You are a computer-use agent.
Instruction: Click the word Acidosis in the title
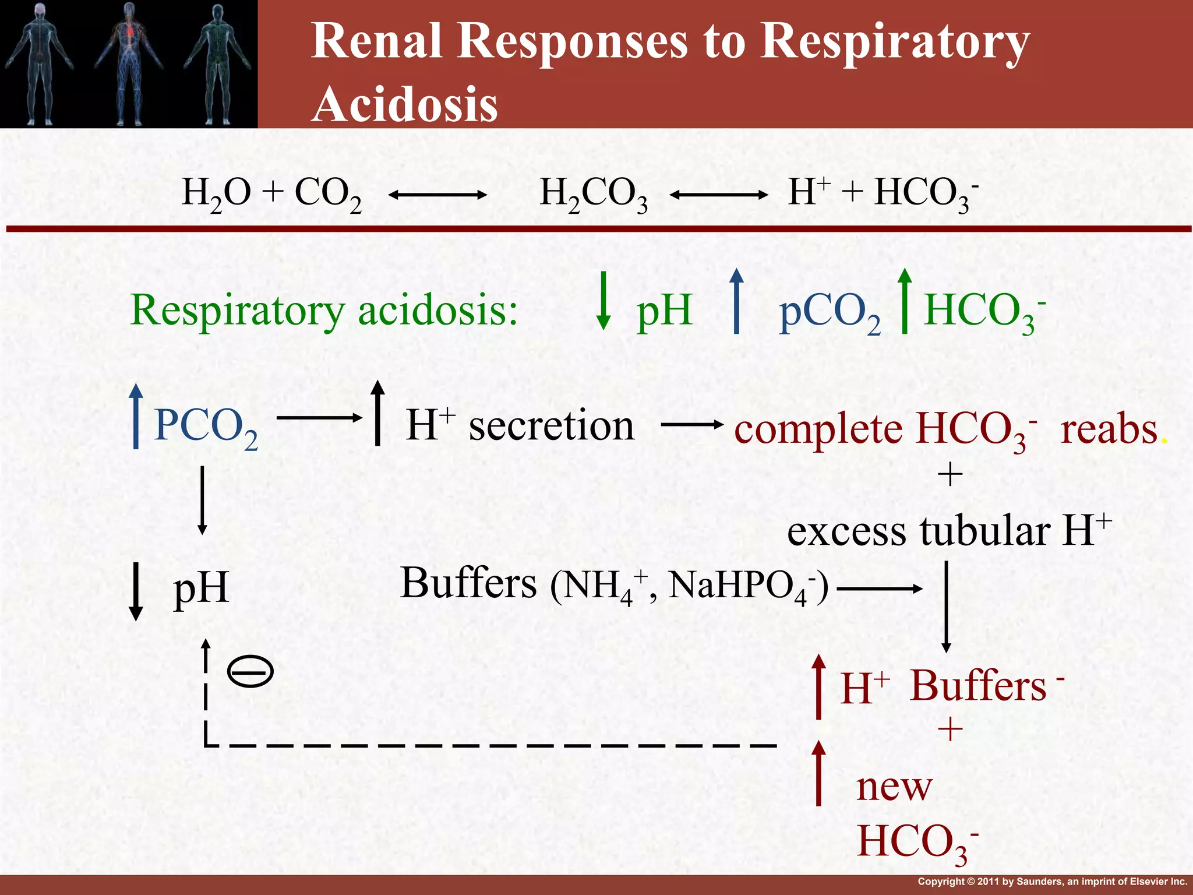[x=405, y=104]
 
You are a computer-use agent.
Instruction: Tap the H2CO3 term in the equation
[x=593, y=194]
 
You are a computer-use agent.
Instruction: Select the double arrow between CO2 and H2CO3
[x=437, y=195]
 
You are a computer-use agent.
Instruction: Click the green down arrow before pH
[x=604, y=301]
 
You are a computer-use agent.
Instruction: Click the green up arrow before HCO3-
[x=904, y=301]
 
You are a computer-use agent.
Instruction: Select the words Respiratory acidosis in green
[x=324, y=310]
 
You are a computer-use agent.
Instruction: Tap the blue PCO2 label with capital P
[x=206, y=427]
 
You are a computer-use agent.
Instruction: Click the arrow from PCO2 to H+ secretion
[x=319, y=417]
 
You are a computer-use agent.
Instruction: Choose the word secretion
[x=551, y=425]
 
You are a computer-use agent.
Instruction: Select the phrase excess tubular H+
[x=948, y=531]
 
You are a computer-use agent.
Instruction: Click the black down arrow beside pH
[x=136, y=591]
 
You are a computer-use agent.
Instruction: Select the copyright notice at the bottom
[x=1051, y=882]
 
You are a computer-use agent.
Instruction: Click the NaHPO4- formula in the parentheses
[x=744, y=586]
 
